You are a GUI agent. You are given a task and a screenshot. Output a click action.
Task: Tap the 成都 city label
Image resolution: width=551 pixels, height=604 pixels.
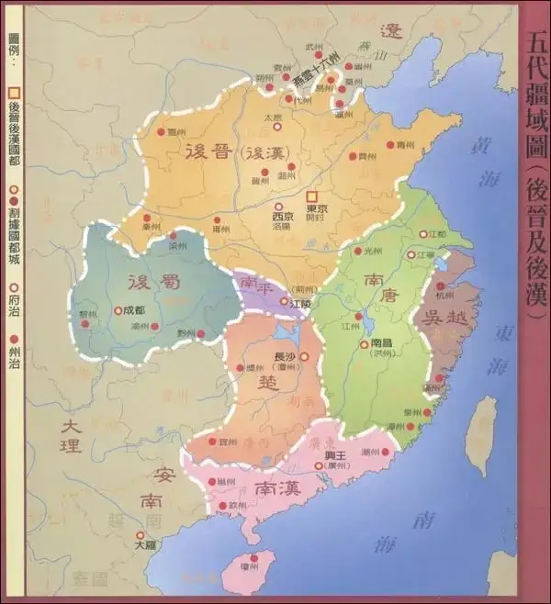134,310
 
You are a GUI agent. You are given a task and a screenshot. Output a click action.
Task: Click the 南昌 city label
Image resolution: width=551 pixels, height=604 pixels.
383,343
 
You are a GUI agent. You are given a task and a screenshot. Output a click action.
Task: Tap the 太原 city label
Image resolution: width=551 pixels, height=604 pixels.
272,117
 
